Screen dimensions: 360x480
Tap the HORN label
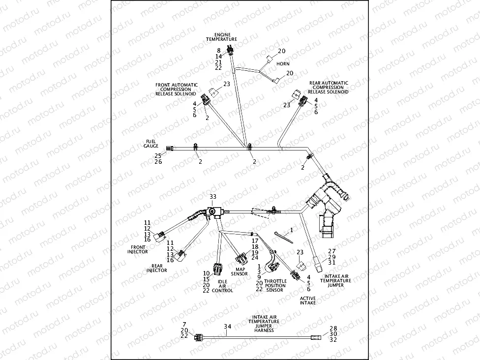click(x=283, y=64)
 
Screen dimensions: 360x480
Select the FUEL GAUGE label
click(x=151, y=144)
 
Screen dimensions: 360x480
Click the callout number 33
click(x=213, y=196)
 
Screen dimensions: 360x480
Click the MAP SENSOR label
click(x=241, y=271)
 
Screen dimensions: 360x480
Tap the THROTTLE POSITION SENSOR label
click(x=275, y=285)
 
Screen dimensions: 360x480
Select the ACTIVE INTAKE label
click(x=308, y=300)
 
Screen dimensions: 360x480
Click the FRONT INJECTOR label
click(x=138, y=249)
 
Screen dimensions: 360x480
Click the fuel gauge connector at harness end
click(x=171, y=148)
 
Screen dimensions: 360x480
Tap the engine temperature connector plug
click(x=230, y=49)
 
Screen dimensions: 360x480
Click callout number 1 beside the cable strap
click(x=291, y=230)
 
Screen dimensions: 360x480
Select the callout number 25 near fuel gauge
click(x=158, y=156)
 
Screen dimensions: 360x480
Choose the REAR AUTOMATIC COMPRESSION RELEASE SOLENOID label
click(x=329, y=88)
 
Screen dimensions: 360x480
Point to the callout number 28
click(x=332, y=328)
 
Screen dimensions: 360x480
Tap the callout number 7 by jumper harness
click(x=184, y=324)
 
